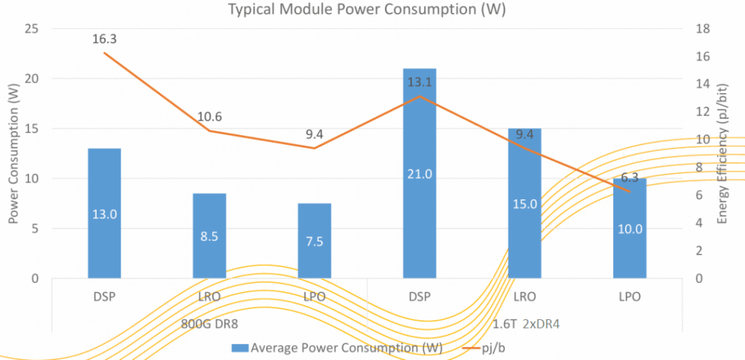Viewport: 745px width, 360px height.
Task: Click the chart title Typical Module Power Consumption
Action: (x=367, y=9)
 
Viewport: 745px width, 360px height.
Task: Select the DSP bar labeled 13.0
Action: (x=104, y=212)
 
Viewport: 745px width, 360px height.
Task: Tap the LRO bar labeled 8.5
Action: (x=209, y=235)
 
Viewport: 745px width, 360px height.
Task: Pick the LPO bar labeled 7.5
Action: (x=314, y=240)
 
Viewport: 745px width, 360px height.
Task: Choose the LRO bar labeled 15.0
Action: (x=525, y=203)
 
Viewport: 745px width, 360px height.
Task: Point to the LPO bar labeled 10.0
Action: (x=629, y=228)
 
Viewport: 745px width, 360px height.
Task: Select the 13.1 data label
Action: (x=419, y=81)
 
